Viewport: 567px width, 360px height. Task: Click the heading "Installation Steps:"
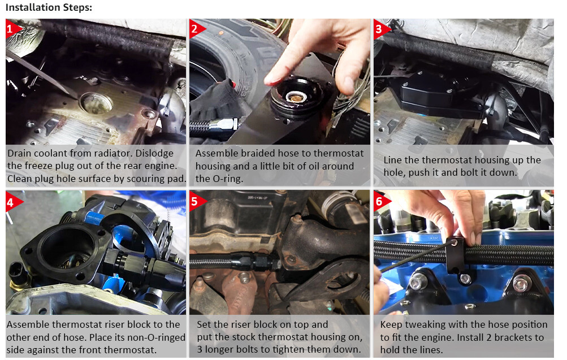[48, 8]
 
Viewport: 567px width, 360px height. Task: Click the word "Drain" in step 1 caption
[21, 154]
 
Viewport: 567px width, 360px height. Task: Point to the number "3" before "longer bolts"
[200, 350]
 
